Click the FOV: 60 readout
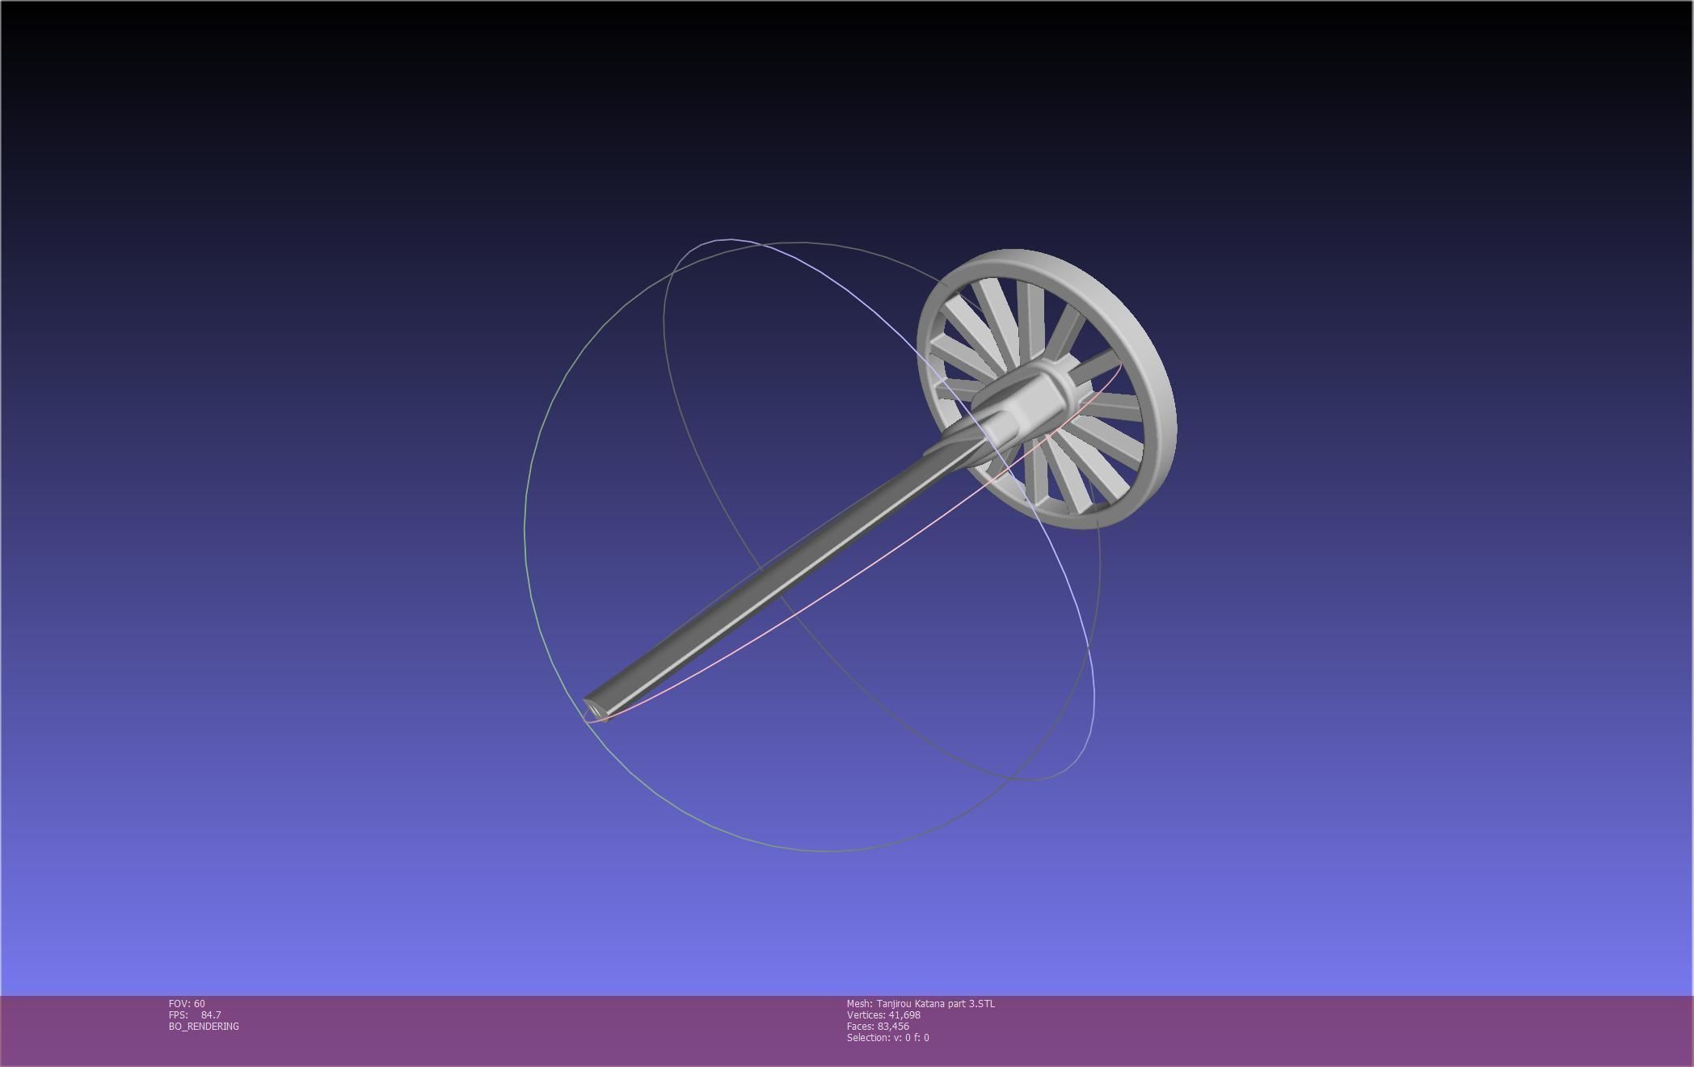click(x=187, y=1003)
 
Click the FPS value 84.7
click(x=211, y=1014)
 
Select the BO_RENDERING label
click(x=204, y=1026)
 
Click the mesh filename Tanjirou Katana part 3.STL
click(x=936, y=1003)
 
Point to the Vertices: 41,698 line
click(x=883, y=1014)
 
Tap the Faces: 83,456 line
click(x=878, y=1026)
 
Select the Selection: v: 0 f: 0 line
click(x=887, y=1037)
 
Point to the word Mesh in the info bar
click(x=858, y=1003)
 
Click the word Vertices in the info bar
click(x=866, y=1014)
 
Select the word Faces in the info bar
click(x=860, y=1026)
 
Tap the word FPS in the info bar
click(x=178, y=1014)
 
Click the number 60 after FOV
click(x=200, y=1003)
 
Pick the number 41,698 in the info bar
click(x=904, y=1014)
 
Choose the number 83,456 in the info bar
click(x=893, y=1026)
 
